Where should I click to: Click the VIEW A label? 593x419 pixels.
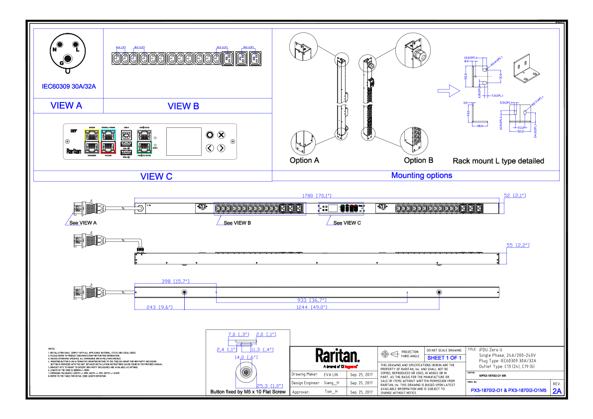click(x=66, y=105)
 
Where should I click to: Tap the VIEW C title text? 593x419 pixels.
click(x=156, y=176)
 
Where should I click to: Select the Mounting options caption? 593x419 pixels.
click(x=422, y=175)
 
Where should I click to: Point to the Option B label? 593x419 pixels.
click(x=418, y=160)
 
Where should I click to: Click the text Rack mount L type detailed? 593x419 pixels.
click(x=498, y=161)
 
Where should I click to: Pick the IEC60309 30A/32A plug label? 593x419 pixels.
click(x=69, y=86)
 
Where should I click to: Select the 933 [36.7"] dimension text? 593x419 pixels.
click(x=312, y=300)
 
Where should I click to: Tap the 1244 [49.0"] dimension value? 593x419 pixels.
click(x=312, y=308)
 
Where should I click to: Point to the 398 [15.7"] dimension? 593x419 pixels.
click(x=176, y=281)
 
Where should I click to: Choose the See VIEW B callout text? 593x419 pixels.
click(x=237, y=223)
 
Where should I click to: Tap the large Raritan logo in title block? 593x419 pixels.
click(x=337, y=356)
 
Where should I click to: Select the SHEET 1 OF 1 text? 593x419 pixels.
click(x=444, y=358)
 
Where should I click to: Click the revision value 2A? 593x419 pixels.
click(x=557, y=391)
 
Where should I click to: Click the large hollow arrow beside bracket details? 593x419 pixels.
click(x=447, y=90)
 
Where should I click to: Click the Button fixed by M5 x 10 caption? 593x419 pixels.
click(x=248, y=392)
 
